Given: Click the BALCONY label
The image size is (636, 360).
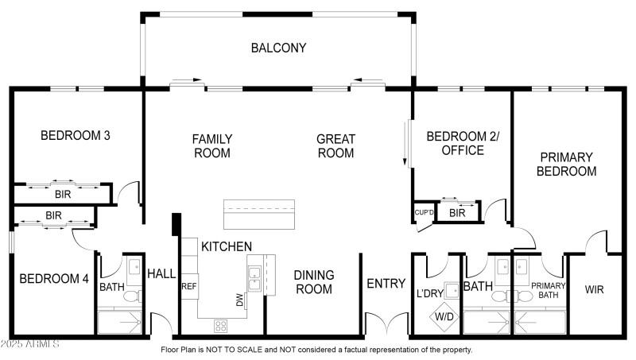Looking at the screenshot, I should click(x=278, y=48).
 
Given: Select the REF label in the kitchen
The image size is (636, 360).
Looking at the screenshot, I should click(x=189, y=286).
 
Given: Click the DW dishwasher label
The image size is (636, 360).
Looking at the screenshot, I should click(x=240, y=299).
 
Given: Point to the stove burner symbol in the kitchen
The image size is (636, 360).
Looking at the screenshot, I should click(x=221, y=325).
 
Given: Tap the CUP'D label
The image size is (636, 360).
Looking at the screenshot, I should click(x=424, y=212).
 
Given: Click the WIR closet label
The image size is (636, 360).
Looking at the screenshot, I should click(x=594, y=289).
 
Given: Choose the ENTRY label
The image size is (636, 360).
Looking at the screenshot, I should click(x=386, y=284).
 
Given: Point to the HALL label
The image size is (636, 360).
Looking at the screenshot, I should click(x=161, y=273).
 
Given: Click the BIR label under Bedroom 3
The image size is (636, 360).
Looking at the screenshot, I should click(x=62, y=193).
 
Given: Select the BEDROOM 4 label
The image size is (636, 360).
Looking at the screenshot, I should click(x=54, y=278).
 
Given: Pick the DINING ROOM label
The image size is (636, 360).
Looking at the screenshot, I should click(x=313, y=282).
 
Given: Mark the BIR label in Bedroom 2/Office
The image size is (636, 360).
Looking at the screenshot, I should click(x=457, y=212).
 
